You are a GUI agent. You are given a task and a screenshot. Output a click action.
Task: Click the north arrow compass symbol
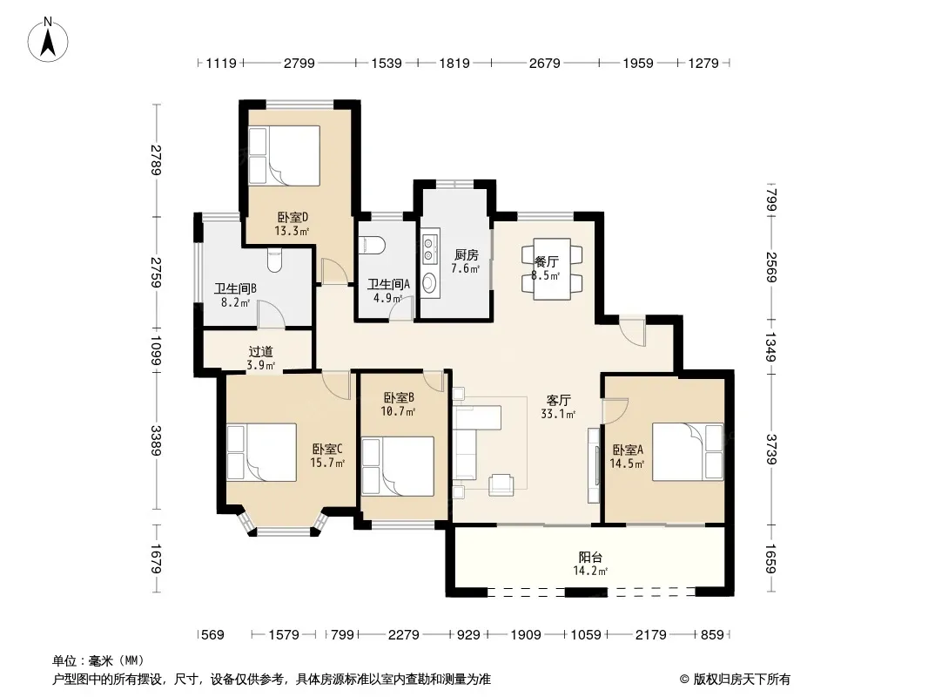click(48, 40)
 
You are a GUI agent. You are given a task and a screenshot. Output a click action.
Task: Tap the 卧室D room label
click(293, 217)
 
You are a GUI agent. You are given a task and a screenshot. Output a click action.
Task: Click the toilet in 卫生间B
click(274, 260)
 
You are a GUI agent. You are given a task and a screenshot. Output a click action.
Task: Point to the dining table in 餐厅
click(552, 268)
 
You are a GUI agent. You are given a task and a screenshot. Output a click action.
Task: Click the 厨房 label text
click(466, 254)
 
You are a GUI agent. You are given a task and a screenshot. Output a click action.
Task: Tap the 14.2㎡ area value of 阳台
click(590, 571)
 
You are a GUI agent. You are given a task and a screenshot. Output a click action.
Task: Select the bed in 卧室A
click(687, 451)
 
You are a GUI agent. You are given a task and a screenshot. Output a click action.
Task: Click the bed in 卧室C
click(261, 452)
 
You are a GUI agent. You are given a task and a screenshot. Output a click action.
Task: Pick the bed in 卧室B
click(398, 466)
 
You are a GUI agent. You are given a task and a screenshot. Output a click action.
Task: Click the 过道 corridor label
click(260, 352)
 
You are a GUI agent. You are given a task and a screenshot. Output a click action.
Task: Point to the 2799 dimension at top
click(299, 63)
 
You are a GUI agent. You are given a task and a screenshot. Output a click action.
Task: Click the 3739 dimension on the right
click(770, 449)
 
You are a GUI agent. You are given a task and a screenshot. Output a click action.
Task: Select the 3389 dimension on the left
click(156, 441)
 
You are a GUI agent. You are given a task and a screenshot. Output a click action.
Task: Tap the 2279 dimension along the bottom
click(404, 635)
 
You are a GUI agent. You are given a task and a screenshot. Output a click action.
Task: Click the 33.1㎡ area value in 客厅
click(558, 414)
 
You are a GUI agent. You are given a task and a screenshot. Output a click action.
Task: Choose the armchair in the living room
click(501, 484)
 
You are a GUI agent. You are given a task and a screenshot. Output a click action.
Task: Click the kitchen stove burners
click(429, 248)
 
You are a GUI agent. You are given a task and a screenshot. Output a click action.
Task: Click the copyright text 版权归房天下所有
click(742, 680)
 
